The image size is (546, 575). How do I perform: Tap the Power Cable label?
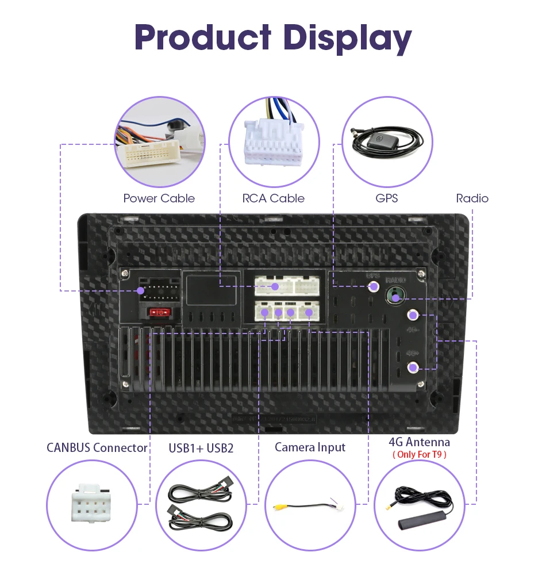159,198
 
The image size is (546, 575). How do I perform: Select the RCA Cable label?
273,198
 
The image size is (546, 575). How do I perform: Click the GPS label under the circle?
386,198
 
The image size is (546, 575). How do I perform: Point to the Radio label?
472,198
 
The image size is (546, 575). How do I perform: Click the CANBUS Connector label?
97,447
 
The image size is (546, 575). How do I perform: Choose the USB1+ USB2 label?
201,447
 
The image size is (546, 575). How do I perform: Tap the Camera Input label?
310,447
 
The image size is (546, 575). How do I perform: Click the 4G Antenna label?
419,442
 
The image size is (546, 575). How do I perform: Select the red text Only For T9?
419,455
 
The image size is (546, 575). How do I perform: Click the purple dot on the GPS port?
374,286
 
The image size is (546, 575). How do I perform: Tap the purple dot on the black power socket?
141,292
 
